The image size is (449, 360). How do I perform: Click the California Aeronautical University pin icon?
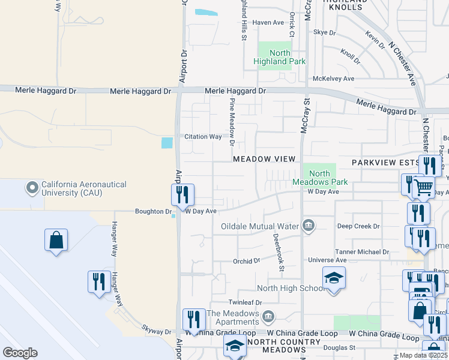(32, 188)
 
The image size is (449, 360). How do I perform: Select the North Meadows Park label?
(312, 178)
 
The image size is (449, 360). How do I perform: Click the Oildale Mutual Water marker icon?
(309, 226)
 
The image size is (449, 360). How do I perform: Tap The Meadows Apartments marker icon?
(268, 314)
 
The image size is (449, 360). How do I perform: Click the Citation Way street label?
(203, 137)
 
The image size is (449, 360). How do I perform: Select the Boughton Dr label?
(153, 212)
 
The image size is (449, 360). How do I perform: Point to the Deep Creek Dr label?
(358, 226)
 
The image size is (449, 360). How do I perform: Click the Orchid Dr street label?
(247, 262)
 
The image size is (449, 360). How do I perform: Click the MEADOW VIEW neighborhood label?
(264, 159)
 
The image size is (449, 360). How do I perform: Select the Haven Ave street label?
(268, 23)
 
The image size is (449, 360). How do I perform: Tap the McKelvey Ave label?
(333, 79)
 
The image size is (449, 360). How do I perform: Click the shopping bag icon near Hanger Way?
(56, 240)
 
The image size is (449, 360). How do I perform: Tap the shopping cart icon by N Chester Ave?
(424, 187)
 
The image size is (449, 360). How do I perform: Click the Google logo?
(20, 353)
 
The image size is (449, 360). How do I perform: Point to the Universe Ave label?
(327, 260)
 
